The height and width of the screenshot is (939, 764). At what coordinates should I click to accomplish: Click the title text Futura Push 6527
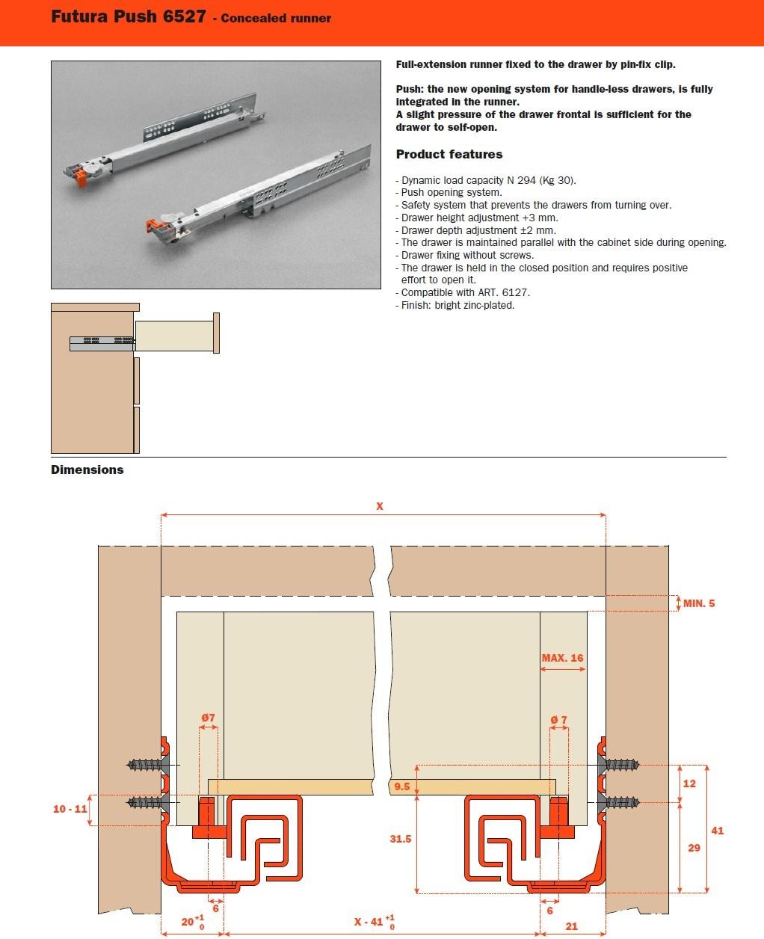click(x=128, y=16)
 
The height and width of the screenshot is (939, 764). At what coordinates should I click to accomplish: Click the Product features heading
click(x=449, y=155)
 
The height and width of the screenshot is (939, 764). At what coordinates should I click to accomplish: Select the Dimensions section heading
click(x=87, y=469)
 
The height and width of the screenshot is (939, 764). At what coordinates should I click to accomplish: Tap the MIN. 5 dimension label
click(x=698, y=603)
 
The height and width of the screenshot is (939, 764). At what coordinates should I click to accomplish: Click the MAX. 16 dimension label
click(x=562, y=658)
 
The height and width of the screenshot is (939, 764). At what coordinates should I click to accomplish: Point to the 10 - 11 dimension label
click(x=70, y=809)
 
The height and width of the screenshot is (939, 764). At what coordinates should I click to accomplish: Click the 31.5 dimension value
click(x=401, y=839)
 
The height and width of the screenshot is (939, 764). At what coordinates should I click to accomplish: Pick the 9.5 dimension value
click(x=401, y=786)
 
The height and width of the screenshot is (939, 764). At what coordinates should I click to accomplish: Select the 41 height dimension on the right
click(x=718, y=830)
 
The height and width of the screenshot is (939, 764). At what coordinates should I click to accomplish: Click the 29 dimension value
click(x=694, y=848)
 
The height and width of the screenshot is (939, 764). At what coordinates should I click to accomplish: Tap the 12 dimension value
click(x=689, y=783)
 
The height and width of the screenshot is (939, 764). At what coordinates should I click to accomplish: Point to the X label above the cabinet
click(x=380, y=506)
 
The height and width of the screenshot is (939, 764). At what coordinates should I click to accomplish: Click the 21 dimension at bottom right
click(x=571, y=926)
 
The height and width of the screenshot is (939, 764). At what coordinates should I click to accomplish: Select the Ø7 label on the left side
click(x=208, y=718)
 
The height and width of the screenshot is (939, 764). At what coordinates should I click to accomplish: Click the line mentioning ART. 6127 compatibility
click(x=465, y=292)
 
